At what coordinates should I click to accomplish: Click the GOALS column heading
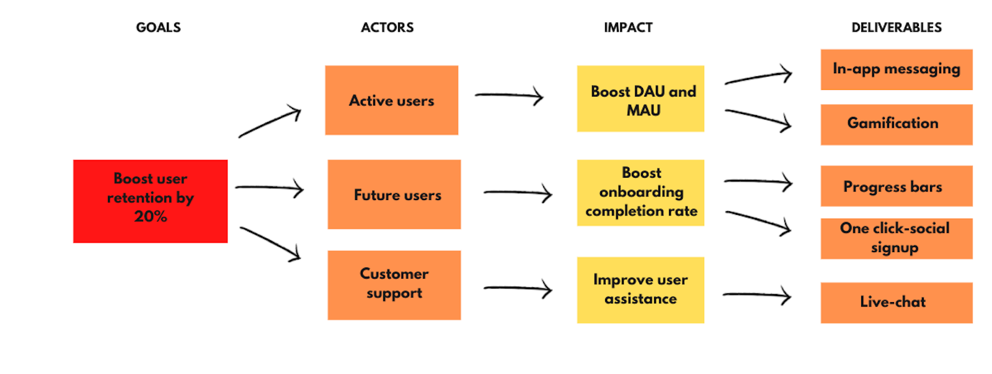158,27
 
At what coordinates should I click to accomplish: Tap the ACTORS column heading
387,27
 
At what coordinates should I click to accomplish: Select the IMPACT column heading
628,27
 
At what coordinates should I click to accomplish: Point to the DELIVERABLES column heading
896,27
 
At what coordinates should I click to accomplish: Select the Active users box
391,100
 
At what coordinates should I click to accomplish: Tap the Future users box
394,194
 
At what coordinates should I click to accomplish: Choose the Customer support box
394,285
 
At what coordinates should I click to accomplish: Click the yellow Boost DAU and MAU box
640,99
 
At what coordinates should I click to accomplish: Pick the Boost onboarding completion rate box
640,193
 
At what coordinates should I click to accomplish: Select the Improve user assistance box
640,290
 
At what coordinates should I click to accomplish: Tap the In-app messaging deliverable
896,69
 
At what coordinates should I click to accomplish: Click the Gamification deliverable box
896,124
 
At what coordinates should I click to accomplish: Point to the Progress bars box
896,186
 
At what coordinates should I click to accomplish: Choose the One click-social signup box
896,238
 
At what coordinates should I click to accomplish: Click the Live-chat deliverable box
896,302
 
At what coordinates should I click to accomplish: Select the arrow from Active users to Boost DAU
508,95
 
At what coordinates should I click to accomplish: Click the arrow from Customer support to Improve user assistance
518,288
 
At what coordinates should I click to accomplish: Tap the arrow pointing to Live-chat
756,295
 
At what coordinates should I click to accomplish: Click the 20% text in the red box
150,217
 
